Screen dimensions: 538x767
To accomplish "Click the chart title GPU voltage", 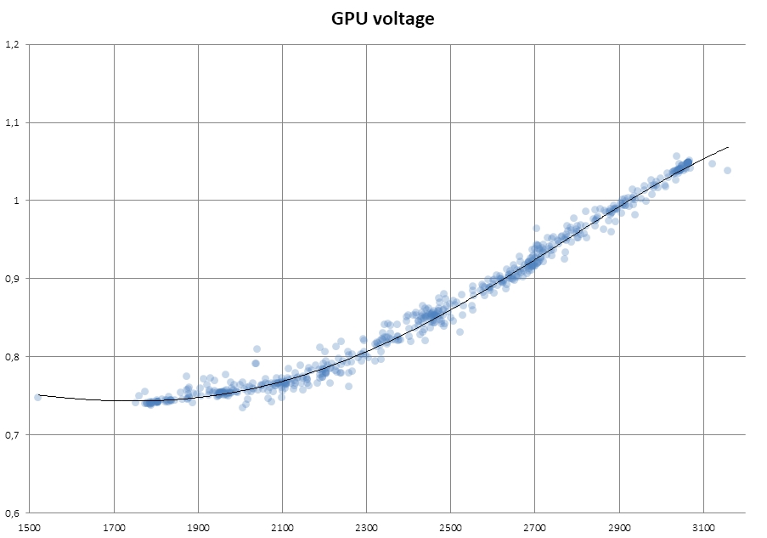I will point(382,18).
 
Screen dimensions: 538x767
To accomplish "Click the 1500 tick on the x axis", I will point(30,527).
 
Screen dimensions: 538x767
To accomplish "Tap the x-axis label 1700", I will point(114,527).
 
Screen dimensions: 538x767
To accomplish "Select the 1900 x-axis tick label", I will point(198,527).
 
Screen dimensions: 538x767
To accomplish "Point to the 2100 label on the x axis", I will point(282,527).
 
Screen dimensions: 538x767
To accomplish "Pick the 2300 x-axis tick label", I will point(366,527).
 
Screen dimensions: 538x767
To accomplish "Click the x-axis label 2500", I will point(450,527).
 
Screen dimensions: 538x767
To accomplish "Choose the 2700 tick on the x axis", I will point(535,527).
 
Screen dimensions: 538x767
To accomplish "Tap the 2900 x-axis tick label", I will point(619,527).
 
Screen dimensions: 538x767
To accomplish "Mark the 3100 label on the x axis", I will point(703,527).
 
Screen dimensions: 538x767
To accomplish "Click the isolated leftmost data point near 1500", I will point(37,397).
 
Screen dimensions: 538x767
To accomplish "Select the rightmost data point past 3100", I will point(727,170).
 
